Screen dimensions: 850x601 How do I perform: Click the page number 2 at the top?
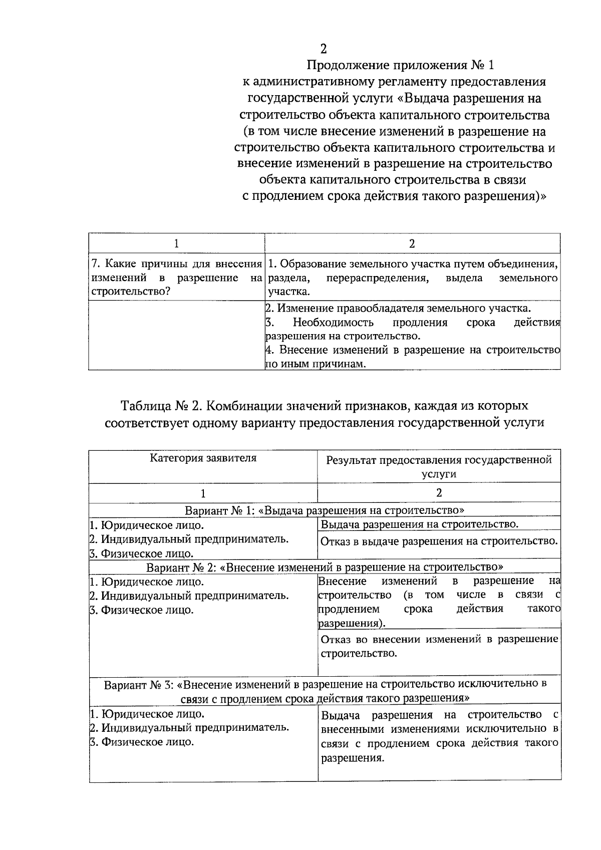coord(324,49)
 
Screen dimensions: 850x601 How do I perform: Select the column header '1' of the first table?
coord(176,244)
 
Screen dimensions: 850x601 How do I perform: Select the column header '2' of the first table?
coord(412,244)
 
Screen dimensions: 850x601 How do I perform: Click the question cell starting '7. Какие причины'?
coord(176,277)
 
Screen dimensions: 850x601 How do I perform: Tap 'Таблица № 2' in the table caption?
coord(160,405)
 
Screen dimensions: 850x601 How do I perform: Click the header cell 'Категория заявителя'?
coord(203,458)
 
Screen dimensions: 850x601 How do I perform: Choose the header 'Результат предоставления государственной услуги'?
coord(439,466)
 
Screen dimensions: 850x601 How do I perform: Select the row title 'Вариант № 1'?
coord(325,510)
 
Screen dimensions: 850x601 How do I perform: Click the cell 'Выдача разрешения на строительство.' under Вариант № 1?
coord(419,524)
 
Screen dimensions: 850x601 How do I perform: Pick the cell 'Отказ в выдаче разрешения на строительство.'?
coord(439,541)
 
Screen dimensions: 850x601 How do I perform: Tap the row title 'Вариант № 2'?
coord(325,567)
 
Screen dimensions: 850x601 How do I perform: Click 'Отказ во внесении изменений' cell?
coord(439,646)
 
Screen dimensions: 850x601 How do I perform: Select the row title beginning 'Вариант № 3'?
coord(325,690)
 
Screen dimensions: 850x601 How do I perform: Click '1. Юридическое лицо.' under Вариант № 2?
coord(147,582)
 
